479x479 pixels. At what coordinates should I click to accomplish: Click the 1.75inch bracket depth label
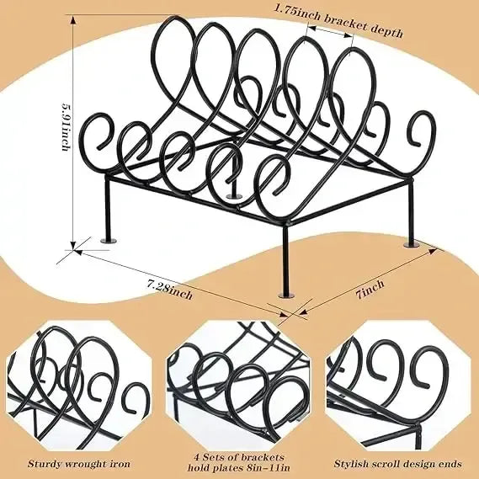point(338,20)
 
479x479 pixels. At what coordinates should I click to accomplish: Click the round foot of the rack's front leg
point(287,295)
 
